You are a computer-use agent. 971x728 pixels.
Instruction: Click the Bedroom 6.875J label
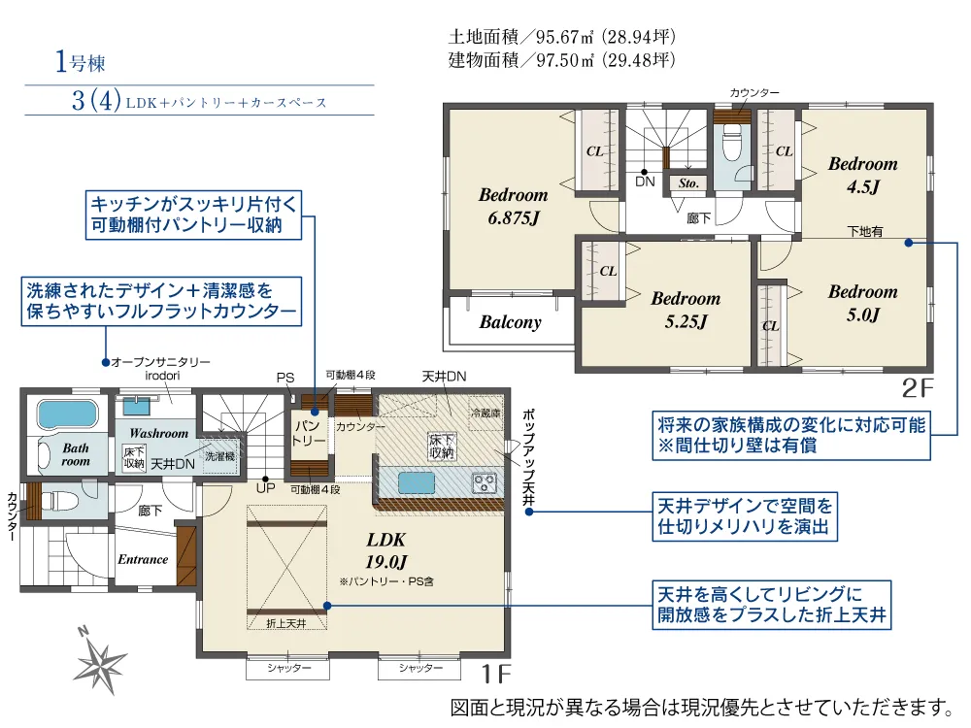click(x=514, y=206)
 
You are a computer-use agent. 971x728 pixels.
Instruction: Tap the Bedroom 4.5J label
click(x=862, y=175)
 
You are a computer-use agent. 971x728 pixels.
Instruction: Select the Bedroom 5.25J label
click(x=686, y=310)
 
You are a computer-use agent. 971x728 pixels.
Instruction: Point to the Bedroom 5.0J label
click(x=862, y=303)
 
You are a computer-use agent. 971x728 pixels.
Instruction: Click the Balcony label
click(x=511, y=322)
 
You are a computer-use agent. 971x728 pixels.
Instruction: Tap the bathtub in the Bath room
click(x=68, y=414)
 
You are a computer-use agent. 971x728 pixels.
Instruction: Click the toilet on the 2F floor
click(x=732, y=143)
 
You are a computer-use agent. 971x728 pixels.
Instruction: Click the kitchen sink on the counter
click(x=417, y=482)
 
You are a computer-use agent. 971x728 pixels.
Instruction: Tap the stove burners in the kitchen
click(x=485, y=482)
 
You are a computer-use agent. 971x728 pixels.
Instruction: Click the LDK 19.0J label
click(x=385, y=550)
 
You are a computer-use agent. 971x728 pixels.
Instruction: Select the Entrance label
click(x=143, y=559)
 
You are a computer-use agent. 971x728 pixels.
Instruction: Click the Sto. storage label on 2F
click(x=688, y=183)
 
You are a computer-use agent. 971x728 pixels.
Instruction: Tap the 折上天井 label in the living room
click(x=286, y=623)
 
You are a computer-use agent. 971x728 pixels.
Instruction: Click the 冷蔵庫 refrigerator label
click(x=485, y=413)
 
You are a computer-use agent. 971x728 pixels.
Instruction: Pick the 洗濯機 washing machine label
click(x=219, y=457)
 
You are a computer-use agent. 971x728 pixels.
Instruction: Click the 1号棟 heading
click(x=80, y=62)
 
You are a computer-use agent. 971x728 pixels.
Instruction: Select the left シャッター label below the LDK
click(x=288, y=668)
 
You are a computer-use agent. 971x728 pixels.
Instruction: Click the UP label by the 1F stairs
click(x=266, y=488)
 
